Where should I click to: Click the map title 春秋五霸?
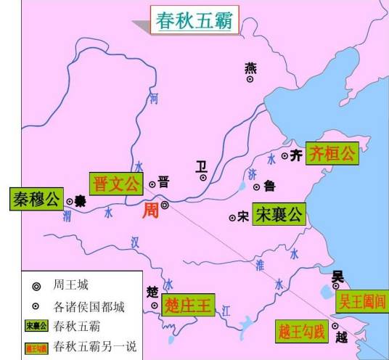193,21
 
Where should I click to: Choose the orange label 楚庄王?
187,305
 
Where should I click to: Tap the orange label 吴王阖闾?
363,300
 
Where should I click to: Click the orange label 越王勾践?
302,330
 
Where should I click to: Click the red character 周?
150,210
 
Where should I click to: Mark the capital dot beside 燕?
250,79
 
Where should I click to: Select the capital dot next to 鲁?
256,187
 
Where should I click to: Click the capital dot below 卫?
204,176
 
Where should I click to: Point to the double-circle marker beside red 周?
165,205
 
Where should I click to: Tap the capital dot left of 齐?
283,156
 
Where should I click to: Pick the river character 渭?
67,215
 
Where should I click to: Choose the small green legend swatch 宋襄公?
36,325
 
